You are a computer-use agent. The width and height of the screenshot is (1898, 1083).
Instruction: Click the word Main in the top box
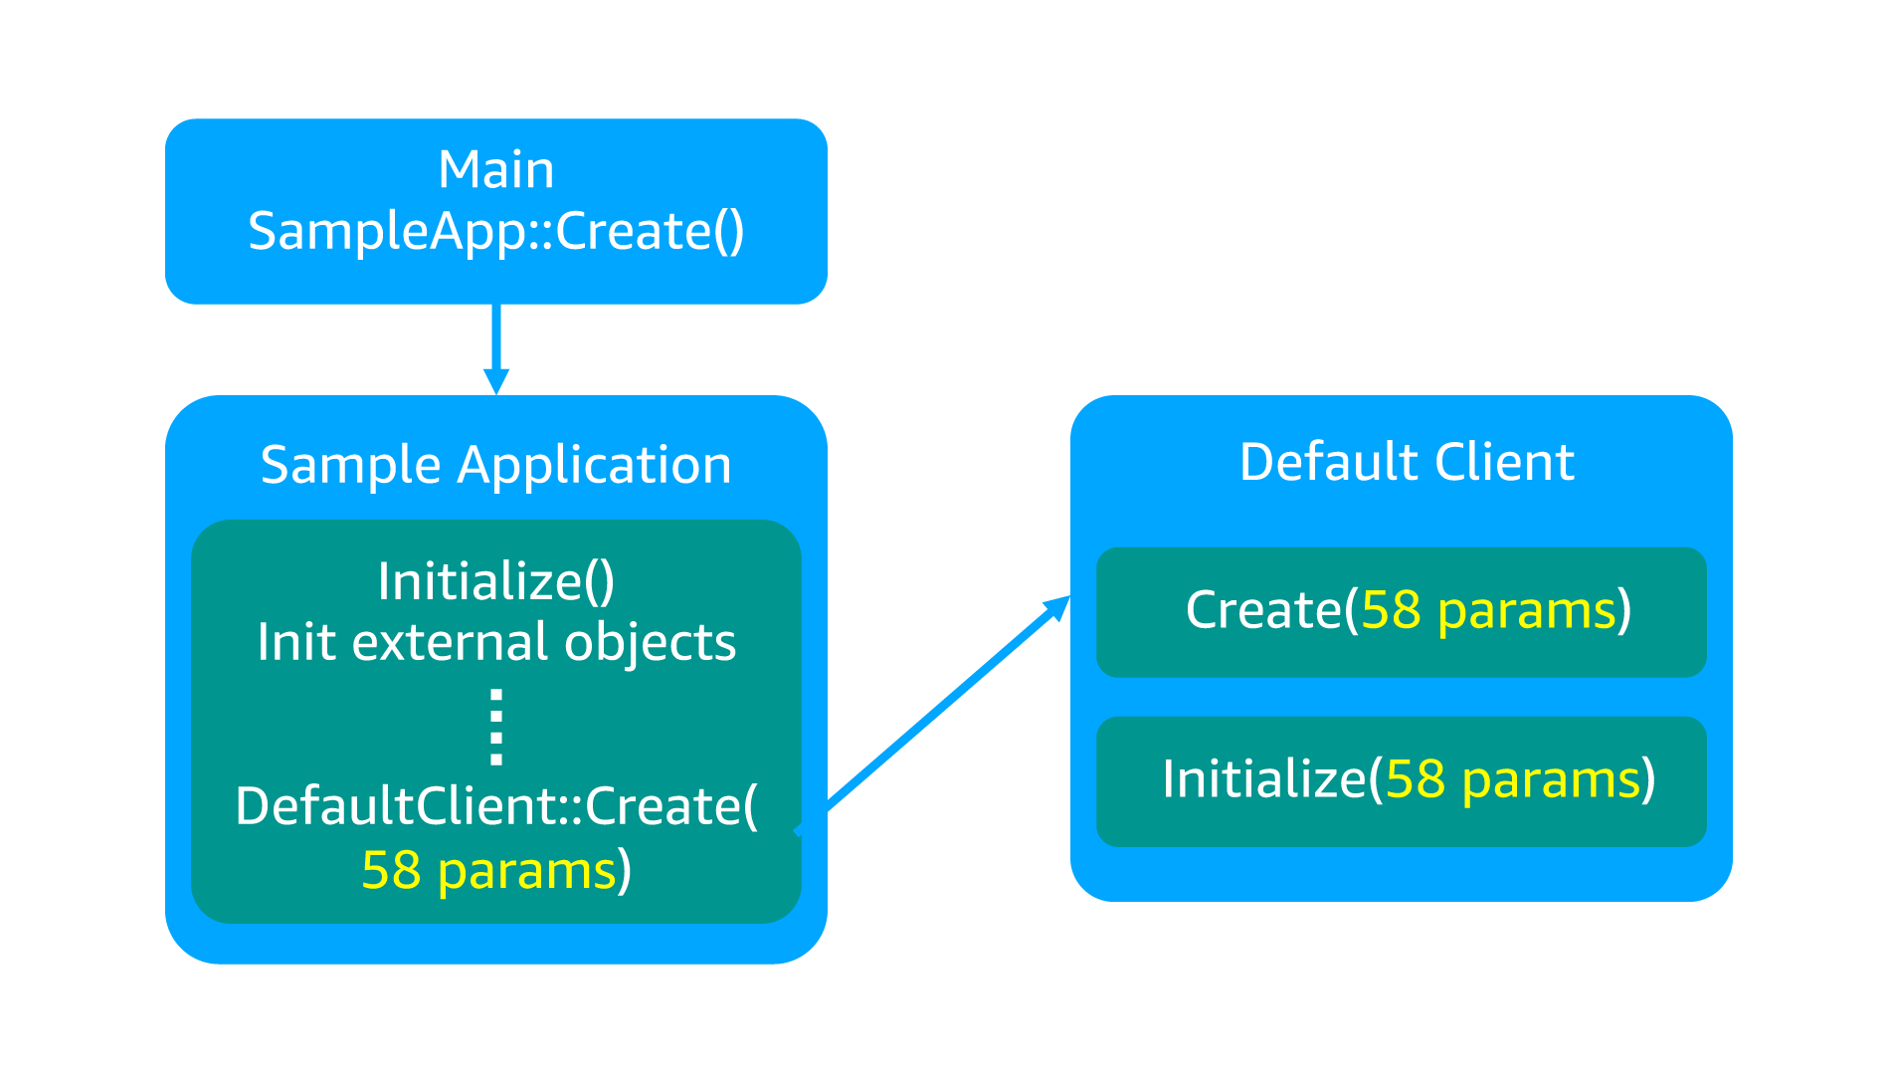click(495, 170)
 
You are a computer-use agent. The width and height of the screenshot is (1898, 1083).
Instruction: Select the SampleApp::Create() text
click(495, 232)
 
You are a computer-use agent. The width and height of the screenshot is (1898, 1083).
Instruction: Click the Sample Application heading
click(495, 465)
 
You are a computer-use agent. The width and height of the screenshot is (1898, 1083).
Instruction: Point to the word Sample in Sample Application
click(350, 465)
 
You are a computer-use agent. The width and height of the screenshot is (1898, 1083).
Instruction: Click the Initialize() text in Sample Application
click(495, 581)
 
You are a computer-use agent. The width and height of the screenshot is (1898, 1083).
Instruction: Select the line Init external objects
click(495, 642)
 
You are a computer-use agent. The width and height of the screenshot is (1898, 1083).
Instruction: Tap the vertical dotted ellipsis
click(495, 727)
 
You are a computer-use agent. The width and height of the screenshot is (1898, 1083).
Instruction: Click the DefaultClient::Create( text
click(495, 806)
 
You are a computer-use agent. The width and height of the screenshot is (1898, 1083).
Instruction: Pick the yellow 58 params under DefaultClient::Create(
click(488, 871)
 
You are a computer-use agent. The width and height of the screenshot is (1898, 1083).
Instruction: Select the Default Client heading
click(1406, 463)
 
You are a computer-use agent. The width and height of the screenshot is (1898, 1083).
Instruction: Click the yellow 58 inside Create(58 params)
click(1390, 610)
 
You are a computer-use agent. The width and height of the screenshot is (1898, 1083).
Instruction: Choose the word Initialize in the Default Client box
click(1263, 779)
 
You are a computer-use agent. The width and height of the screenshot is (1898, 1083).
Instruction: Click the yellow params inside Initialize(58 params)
click(1550, 781)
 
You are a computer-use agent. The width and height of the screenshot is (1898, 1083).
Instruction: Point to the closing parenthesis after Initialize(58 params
click(1648, 780)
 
